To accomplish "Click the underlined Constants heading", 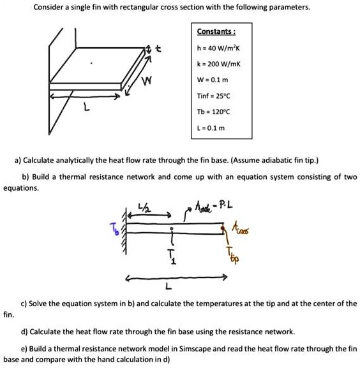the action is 216,31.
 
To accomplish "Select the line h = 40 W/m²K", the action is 218,48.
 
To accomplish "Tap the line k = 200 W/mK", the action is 219,64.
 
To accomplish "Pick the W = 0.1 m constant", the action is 213,80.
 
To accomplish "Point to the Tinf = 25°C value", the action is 214,96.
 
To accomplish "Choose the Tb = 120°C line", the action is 213,112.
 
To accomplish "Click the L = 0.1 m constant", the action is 211,128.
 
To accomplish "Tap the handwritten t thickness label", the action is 159,48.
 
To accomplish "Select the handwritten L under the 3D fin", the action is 87,108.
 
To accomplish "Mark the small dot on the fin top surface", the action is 91,63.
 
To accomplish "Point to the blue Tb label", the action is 115,229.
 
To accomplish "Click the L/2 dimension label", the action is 145,207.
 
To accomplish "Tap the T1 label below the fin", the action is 172,256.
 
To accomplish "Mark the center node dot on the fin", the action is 172,228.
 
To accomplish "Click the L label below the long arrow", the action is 168,286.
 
